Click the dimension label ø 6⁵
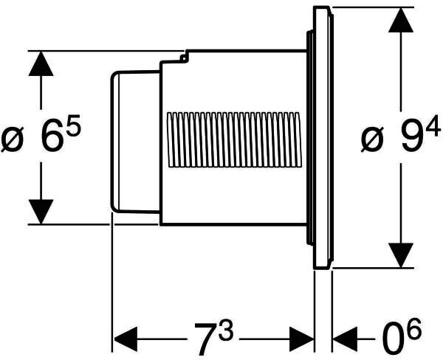point(41,138)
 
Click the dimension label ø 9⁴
point(395,138)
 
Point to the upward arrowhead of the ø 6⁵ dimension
point(41,65)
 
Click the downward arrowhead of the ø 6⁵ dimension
point(41,211)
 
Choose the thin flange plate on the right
point(323,138)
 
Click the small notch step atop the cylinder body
point(185,55)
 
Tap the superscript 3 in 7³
point(225,330)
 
